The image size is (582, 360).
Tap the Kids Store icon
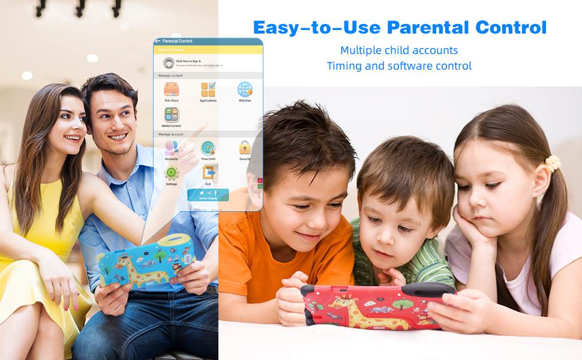(172, 89)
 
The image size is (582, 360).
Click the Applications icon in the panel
(208, 89)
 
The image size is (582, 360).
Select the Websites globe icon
(245, 89)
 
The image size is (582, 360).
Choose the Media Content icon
(172, 115)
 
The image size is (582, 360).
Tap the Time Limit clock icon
(208, 148)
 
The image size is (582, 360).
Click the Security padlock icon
(245, 148)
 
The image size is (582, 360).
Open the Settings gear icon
(172, 173)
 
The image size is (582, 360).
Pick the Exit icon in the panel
(208, 173)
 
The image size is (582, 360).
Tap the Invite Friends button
(208, 195)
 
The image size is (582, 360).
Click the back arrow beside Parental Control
(158, 41)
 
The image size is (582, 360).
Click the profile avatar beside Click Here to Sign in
(169, 62)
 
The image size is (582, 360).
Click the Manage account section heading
(171, 134)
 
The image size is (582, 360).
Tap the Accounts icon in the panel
(172, 148)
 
